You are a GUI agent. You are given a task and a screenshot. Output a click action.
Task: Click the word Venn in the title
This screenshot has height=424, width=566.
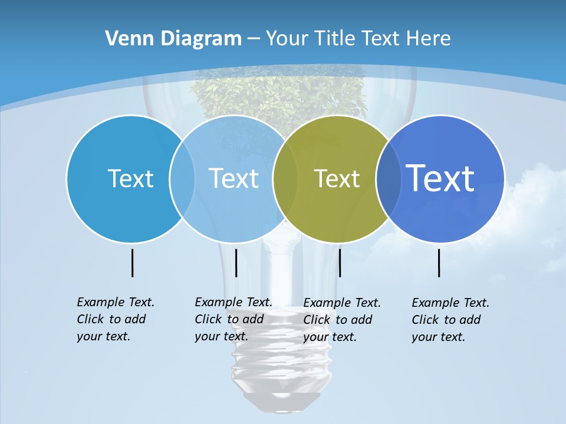click(126, 39)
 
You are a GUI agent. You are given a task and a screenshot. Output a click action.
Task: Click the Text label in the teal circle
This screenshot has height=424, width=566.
click(130, 178)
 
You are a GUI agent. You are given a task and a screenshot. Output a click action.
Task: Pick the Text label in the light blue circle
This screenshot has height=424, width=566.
click(233, 178)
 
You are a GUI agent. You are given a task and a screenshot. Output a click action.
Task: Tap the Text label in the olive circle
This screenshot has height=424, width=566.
click(337, 178)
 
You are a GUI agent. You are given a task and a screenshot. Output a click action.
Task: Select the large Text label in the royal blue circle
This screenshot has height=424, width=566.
click(440, 178)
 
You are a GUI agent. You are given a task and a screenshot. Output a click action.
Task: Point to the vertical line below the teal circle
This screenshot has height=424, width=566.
click(132, 263)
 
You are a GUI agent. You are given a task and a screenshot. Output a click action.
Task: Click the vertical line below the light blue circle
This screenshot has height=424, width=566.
click(236, 263)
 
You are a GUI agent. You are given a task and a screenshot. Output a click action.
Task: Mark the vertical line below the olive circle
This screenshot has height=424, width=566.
click(340, 263)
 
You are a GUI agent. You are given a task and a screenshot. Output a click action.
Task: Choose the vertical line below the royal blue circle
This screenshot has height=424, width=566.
click(439, 263)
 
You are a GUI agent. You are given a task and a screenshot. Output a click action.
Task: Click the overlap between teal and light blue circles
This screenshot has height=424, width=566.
click(182, 178)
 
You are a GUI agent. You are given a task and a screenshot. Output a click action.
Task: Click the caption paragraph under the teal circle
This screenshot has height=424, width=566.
click(115, 319)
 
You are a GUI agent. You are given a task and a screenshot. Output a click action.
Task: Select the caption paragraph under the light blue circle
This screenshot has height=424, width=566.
click(233, 319)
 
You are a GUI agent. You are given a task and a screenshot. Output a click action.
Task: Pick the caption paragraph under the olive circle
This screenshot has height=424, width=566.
click(341, 320)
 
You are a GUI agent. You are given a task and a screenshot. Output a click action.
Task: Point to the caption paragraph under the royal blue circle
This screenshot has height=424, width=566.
click(450, 320)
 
